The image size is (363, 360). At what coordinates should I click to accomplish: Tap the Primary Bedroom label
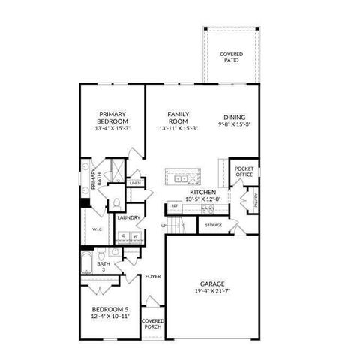[x=112, y=118]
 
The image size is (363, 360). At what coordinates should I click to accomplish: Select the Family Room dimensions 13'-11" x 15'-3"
[x=178, y=128]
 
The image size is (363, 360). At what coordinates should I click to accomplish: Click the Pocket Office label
[x=244, y=172]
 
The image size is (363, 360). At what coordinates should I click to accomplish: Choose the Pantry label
[x=256, y=199]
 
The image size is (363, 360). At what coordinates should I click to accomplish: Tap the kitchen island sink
[x=181, y=178]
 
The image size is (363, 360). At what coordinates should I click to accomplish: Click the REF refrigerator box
[x=175, y=205]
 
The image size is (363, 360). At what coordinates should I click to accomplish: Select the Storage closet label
[x=214, y=224]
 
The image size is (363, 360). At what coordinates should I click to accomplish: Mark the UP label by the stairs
[x=163, y=225]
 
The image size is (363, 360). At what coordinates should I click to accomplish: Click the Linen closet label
[x=135, y=182]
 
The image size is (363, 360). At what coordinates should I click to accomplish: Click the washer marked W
[x=136, y=235]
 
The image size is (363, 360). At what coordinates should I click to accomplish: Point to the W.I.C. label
[x=97, y=229]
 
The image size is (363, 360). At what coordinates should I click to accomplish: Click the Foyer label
[x=153, y=275]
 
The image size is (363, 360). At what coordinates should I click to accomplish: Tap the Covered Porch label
[x=153, y=323]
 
